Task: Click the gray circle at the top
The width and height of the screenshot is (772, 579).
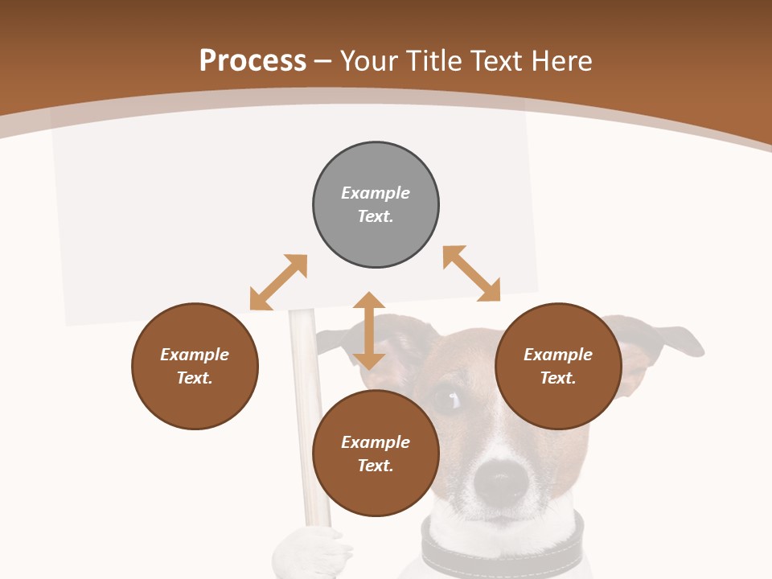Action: [x=376, y=204]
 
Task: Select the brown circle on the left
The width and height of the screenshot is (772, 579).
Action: [x=195, y=366]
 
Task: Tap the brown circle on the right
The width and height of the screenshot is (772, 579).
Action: [x=558, y=366]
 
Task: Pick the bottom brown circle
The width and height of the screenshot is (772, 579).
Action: [x=376, y=454]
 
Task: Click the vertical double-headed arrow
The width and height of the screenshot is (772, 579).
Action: [x=369, y=331]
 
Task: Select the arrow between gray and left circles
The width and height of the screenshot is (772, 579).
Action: [x=278, y=282]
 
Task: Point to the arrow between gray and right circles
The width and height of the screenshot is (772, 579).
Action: [x=471, y=273]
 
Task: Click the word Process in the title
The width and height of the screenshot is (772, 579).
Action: [x=253, y=60]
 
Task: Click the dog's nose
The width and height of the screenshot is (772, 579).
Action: [x=500, y=481]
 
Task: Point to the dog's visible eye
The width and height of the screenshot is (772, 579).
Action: [x=445, y=396]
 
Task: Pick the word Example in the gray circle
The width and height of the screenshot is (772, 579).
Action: [x=376, y=193]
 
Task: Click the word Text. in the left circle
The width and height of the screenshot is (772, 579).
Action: [x=195, y=378]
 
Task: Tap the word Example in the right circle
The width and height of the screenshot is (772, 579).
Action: [x=558, y=355]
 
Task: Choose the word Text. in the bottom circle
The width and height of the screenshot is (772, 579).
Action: [x=376, y=466]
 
